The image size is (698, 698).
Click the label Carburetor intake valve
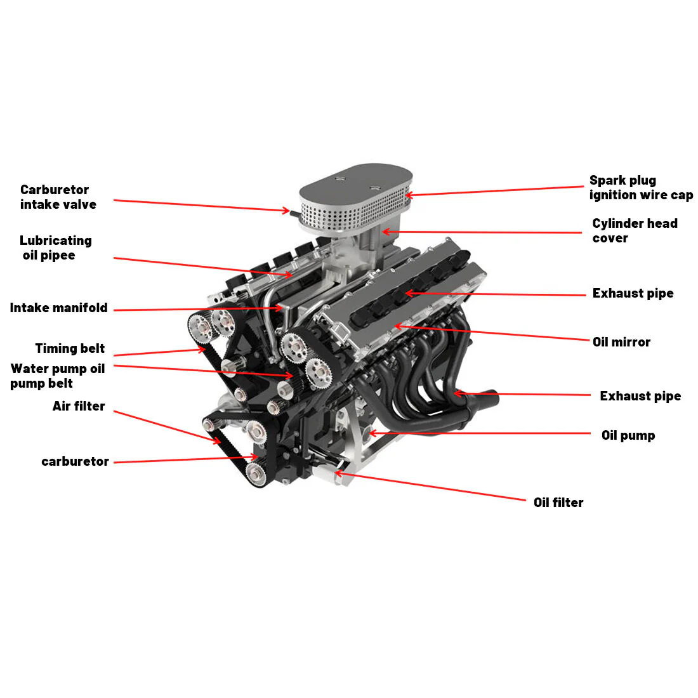(x=58, y=197)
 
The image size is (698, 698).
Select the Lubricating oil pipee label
(x=55, y=248)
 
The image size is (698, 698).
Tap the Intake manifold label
(x=58, y=308)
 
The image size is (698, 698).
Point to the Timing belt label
(x=70, y=348)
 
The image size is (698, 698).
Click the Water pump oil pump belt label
(x=57, y=376)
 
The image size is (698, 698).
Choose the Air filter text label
(x=79, y=406)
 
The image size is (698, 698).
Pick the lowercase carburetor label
(x=75, y=461)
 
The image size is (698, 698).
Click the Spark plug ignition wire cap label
(x=641, y=188)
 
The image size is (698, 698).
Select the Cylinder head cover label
(x=635, y=231)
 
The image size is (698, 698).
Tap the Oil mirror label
(x=621, y=342)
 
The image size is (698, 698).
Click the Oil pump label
(x=628, y=435)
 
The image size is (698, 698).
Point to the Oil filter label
(x=558, y=503)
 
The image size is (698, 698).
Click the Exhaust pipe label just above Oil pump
(x=640, y=396)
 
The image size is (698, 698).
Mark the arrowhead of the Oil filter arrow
(x=337, y=472)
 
